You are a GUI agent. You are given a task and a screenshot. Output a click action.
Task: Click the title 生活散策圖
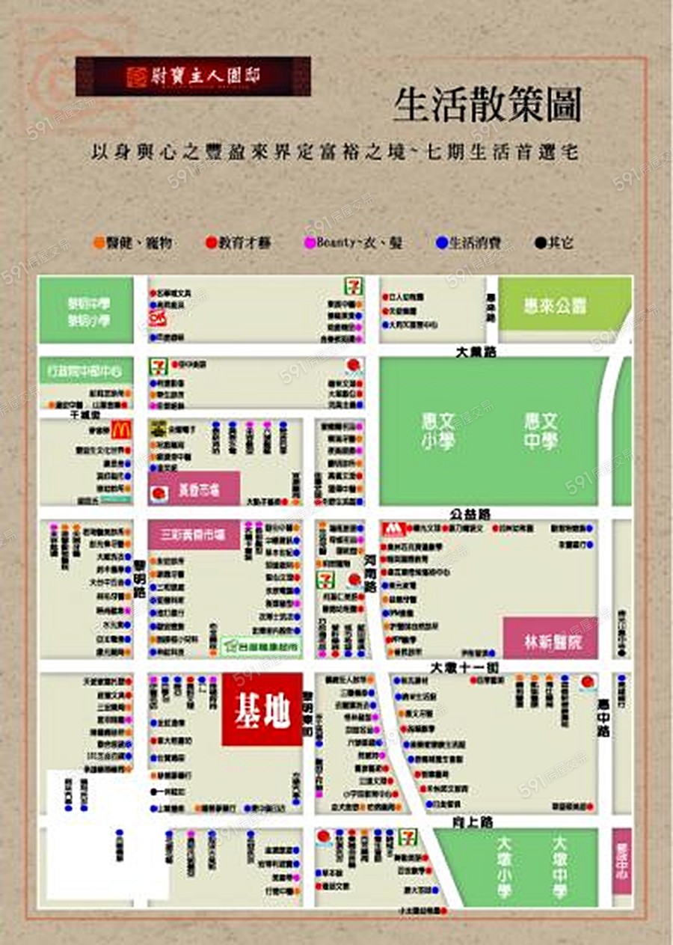click(x=487, y=105)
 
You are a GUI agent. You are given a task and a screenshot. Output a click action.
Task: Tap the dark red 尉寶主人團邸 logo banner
click(x=193, y=76)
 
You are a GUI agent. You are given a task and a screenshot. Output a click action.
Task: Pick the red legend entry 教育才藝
click(x=239, y=243)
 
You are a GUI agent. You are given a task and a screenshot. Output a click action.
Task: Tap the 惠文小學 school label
click(x=438, y=431)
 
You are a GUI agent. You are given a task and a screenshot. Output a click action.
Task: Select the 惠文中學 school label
click(x=540, y=431)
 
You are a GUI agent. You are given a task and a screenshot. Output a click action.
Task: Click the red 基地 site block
click(x=262, y=709)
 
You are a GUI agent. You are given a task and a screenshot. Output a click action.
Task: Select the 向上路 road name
click(x=473, y=822)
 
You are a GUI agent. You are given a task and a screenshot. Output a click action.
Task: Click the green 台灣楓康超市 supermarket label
click(x=262, y=643)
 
